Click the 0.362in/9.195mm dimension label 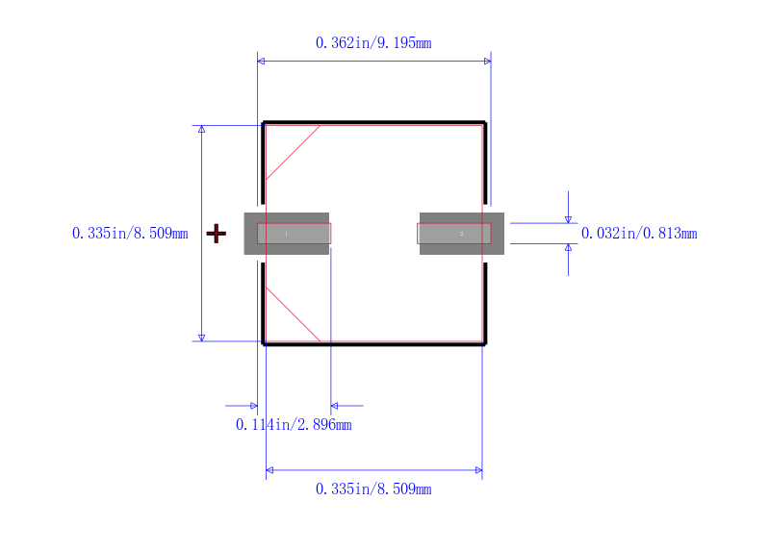pyautogui.click(x=373, y=43)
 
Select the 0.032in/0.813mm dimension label pyautogui.click(x=639, y=234)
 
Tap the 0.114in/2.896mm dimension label pyautogui.click(x=294, y=424)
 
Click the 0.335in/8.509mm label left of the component pyautogui.click(x=130, y=233)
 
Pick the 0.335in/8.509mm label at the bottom pyautogui.click(x=373, y=489)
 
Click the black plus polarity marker pyautogui.click(x=216, y=234)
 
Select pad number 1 pyautogui.click(x=286, y=234)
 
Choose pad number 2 pyautogui.click(x=462, y=234)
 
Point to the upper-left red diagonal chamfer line pyautogui.click(x=294, y=153)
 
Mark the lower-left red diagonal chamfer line pyautogui.click(x=294, y=314)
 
